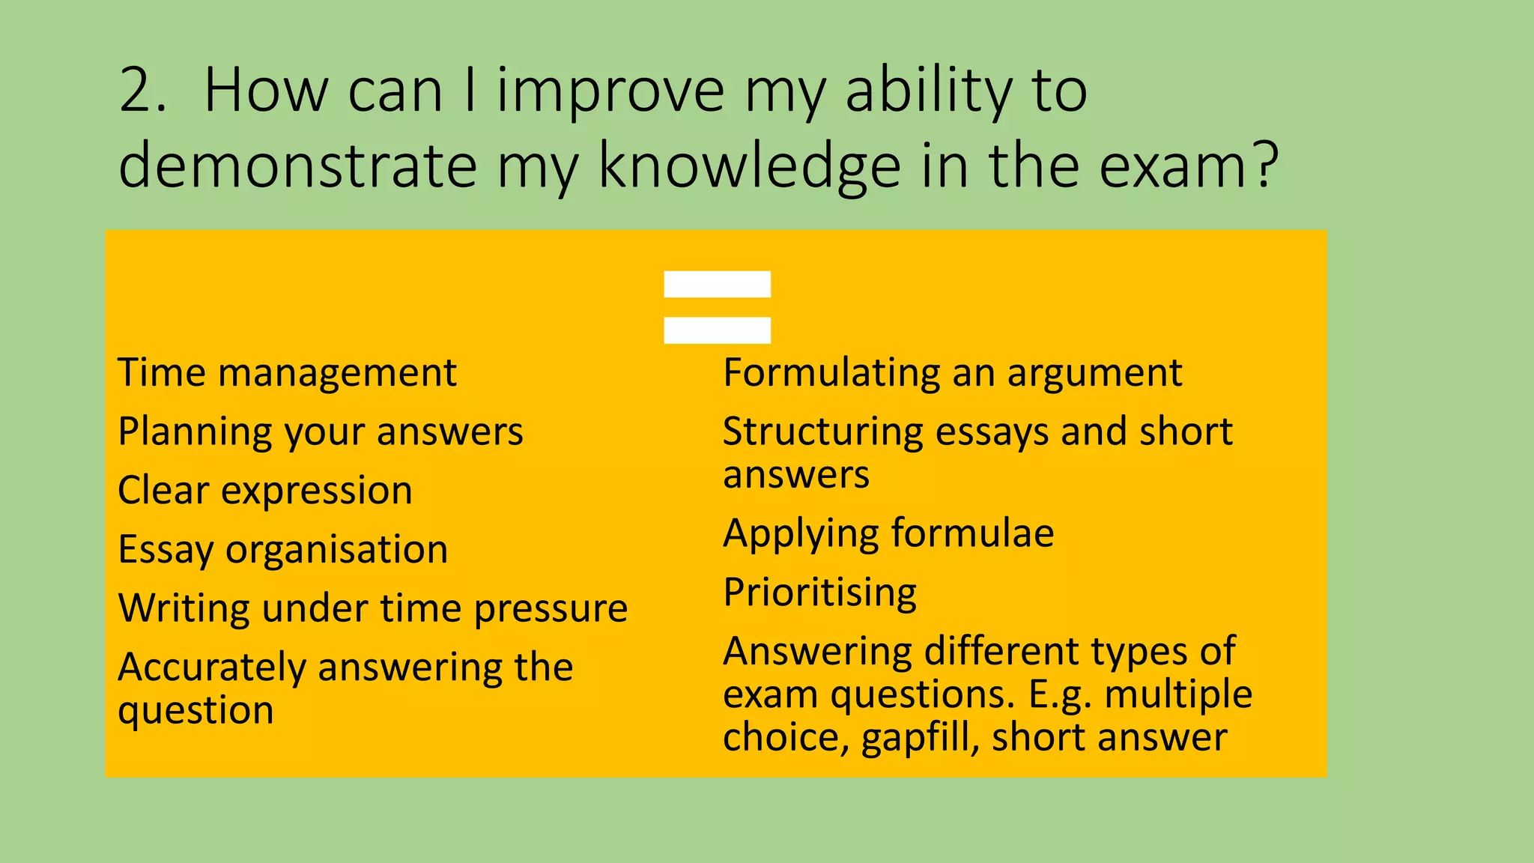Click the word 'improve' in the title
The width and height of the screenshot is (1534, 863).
click(610, 91)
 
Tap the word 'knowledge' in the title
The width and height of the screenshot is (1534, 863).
click(749, 166)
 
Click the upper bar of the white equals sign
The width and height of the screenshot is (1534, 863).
click(717, 284)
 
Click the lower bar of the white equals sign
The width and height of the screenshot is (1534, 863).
click(717, 330)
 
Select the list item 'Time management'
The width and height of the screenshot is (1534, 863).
click(287, 373)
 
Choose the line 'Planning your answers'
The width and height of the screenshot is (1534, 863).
click(321, 432)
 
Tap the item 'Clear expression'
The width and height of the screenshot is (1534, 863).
click(265, 491)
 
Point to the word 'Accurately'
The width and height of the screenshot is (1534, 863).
click(211, 667)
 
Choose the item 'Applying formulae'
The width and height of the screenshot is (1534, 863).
click(888, 534)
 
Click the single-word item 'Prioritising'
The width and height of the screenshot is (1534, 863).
click(819, 593)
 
